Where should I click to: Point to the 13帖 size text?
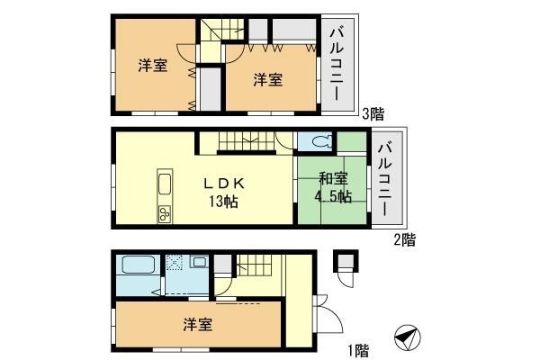222,202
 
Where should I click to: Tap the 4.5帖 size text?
332,197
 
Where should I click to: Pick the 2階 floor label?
403,239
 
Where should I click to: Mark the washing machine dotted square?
175,263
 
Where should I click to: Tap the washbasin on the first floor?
199,263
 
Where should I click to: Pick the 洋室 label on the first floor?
199,324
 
